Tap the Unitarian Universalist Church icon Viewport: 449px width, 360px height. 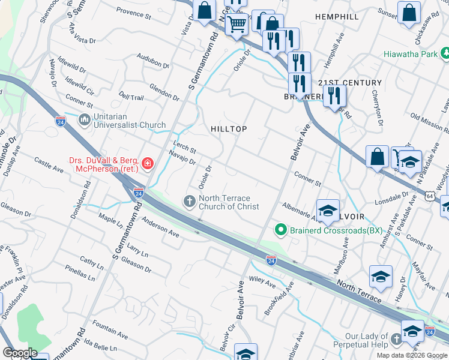click(83, 121)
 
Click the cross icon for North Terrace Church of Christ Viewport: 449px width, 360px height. click(190, 201)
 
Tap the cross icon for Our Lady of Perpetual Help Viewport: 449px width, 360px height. click(396, 340)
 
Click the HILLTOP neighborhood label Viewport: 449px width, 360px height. click(229, 129)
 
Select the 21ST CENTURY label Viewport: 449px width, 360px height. click(350, 83)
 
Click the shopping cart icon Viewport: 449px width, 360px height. click(237, 25)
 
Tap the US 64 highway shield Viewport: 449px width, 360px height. click(430, 196)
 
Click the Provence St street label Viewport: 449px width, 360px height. click(134, 13)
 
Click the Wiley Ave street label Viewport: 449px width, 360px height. click(262, 280)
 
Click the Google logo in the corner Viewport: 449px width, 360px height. click(20, 353)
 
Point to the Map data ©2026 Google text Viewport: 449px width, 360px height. click(412, 355)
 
